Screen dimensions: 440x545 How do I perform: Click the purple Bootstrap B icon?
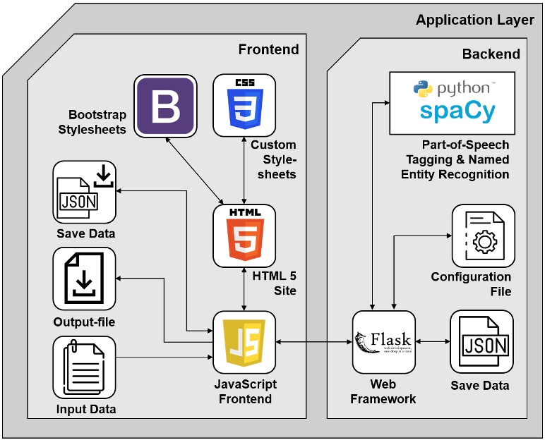(x=165, y=105)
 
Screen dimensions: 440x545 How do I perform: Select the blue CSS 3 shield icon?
(x=244, y=105)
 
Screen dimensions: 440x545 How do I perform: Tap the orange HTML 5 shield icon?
(x=244, y=236)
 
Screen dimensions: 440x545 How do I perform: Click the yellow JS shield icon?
(x=244, y=342)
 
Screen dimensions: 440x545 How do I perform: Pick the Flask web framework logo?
(x=383, y=342)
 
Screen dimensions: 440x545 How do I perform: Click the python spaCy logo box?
(x=453, y=102)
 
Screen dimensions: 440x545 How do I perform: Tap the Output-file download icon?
(x=84, y=279)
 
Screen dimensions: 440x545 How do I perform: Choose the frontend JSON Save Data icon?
(x=84, y=192)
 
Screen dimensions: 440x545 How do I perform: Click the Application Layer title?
(x=474, y=20)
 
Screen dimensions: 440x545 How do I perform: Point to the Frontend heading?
(x=268, y=49)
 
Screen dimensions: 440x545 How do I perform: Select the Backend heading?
(x=491, y=54)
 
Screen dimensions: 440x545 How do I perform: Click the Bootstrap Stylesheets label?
(x=97, y=121)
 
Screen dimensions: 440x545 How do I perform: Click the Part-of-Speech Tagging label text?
(x=465, y=159)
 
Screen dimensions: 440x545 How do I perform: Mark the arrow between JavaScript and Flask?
(x=314, y=342)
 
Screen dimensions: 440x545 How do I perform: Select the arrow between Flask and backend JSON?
(x=431, y=342)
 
